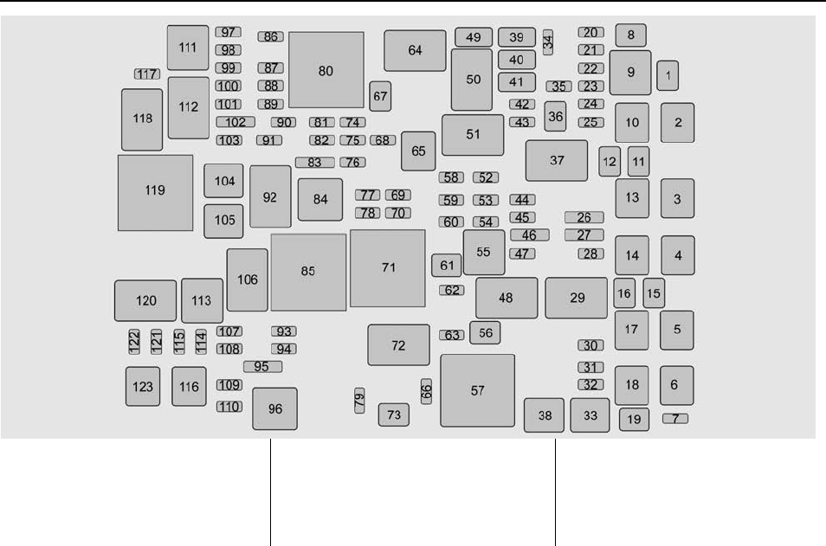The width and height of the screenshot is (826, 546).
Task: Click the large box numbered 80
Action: click(x=326, y=70)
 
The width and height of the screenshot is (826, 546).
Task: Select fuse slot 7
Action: click(x=675, y=419)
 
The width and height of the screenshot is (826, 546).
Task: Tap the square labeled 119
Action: click(x=155, y=192)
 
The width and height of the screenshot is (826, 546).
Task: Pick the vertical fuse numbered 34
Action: click(x=548, y=42)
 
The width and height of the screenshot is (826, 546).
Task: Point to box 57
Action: click(x=477, y=390)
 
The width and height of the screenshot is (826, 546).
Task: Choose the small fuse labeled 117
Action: click(x=145, y=74)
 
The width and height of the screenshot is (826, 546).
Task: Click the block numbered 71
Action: click(x=388, y=268)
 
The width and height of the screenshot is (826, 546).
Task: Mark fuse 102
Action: click(x=235, y=122)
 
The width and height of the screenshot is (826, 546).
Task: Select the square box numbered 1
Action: click(x=668, y=75)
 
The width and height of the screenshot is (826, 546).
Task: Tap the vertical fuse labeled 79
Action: click(x=359, y=399)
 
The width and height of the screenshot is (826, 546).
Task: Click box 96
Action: click(x=275, y=408)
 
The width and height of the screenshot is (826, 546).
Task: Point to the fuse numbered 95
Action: click(x=262, y=367)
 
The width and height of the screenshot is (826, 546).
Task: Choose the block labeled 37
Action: click(x=556, y=160)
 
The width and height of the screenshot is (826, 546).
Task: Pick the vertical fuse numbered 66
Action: click(x=426, y=391)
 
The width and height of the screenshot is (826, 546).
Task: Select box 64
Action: click(x=415, y=50)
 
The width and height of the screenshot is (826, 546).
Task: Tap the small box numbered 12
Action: click(x=610, y=160)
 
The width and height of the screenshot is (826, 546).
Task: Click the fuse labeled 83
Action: click(x=314, y=162)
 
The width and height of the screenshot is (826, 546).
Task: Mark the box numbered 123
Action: click(x=144, y=387)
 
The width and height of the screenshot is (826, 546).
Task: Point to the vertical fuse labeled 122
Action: click(x=134, y=342)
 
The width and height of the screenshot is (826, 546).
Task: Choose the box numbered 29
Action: click(x=577, y=298)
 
